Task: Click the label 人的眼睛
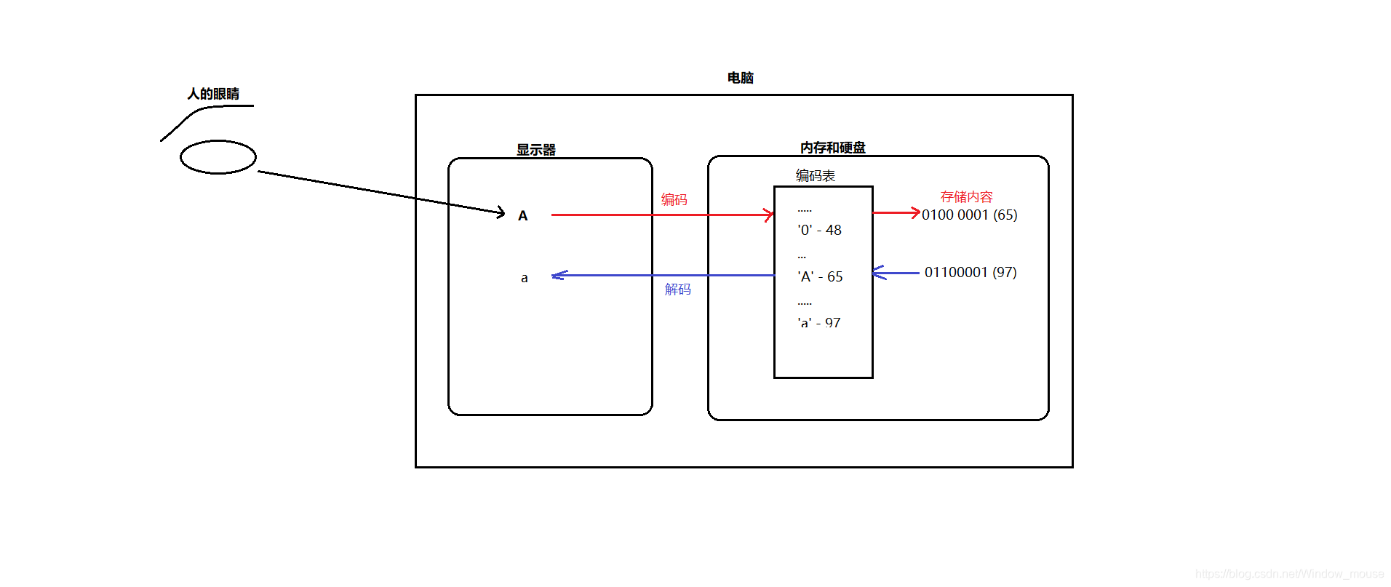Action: tap(213, 94)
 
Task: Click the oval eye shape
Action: tap(218, 157)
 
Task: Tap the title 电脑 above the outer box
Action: tap(740, 78)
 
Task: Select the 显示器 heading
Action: tap(536, 150)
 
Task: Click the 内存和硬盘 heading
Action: tap(832, 148)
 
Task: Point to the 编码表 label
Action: tap(815, 175)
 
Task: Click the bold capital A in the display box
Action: tap(522, 216)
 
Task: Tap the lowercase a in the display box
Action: tap(524, 278)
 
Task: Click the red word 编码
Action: tap(674, 199)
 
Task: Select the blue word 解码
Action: tap(677, 289)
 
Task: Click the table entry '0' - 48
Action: tap(819, 230)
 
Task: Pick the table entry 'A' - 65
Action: tap(820, 276)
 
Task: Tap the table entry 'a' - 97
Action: tap(818, 322)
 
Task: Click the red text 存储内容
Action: tap(966, 196)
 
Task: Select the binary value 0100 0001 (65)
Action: tap(969, 215)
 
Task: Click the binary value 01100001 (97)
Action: tap(970, 272)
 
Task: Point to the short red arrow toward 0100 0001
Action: tap(896, 212)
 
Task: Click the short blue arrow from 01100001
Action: tap(896, 273)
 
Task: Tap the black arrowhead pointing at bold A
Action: tap(501, 212)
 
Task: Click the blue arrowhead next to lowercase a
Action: tap(558, 275)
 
